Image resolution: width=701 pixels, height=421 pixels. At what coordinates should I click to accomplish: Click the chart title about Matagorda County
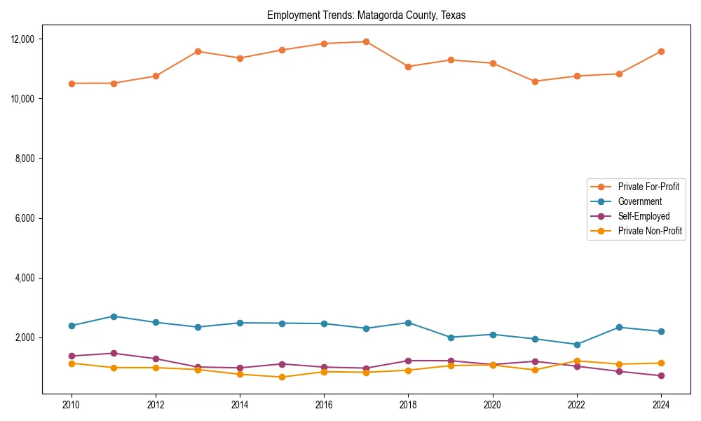[366, 15]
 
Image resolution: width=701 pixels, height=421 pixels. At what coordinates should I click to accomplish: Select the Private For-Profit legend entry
[648, 187]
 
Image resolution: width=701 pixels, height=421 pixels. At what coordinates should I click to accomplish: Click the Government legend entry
[639, 201]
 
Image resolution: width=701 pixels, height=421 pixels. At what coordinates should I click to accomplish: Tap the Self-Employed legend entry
[644, 216]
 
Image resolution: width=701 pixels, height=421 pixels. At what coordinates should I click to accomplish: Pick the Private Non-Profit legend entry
[650, 231]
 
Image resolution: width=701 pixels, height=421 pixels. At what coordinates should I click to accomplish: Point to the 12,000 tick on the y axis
[24, 39]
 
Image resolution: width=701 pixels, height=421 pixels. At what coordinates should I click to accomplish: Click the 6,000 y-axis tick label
[26, 218]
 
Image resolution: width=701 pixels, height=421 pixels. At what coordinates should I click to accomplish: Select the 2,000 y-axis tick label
[26, 338]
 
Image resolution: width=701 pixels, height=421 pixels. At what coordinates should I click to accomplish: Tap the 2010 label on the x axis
[71, 404]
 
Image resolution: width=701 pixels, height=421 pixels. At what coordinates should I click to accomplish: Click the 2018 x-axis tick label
[408, 404]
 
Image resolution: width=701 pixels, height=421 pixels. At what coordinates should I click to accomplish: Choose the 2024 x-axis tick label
[661, 404]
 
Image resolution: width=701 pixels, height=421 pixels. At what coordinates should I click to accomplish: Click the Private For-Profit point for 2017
[366, 41]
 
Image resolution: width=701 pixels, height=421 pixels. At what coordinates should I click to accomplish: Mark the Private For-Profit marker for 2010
[71, 83]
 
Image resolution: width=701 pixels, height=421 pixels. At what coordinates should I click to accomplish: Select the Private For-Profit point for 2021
[535, 81]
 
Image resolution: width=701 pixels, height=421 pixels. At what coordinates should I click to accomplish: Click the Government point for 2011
[114, 316]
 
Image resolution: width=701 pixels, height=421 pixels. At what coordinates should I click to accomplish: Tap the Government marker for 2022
[577, 345]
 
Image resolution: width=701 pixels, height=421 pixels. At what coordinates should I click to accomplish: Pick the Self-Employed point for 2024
[661, 376]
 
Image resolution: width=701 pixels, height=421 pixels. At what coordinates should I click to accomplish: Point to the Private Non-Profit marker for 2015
[282, 377]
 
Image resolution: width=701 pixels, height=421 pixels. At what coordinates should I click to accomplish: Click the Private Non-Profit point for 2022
[577, 361]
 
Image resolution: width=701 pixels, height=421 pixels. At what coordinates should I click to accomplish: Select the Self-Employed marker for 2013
[198, 367]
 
